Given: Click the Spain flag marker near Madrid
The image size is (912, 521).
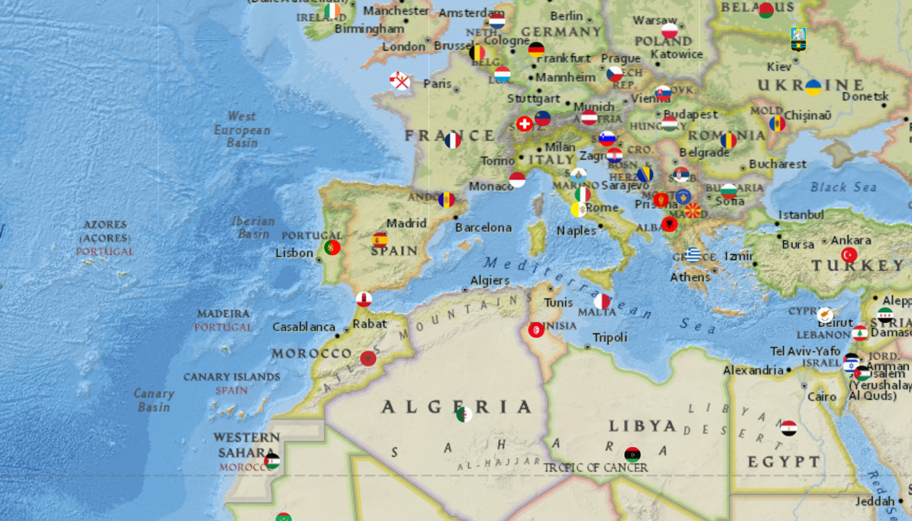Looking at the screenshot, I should point(380,239).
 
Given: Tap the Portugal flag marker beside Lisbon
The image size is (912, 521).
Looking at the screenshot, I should point(332,247).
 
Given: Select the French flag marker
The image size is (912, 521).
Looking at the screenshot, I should point(452,140).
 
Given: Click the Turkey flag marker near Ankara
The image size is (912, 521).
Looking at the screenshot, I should point(849,254).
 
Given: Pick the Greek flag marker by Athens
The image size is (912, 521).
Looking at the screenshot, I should point(693,254).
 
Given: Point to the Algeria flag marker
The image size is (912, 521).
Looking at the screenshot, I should point(464,414).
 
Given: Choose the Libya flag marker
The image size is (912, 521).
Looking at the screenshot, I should point(632,454).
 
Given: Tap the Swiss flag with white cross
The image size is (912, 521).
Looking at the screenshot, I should point(524,124).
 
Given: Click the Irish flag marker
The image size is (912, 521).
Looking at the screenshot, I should point(332,11).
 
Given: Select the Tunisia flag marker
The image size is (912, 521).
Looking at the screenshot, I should point(537,330).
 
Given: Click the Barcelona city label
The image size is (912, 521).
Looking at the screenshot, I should point(484,227).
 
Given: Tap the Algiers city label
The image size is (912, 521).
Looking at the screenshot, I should point(490,281).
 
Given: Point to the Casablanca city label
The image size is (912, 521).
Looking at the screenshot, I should point(304,327).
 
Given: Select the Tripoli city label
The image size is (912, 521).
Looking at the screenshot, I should point(610,337).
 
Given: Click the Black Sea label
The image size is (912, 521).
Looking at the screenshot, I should point(844,187).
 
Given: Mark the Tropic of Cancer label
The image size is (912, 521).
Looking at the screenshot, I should point(596,468).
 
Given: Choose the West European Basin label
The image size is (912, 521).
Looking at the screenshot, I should point(242,130).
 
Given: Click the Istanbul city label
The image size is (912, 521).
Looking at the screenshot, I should point(801,215).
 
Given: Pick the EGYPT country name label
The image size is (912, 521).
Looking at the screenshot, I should point(784,462).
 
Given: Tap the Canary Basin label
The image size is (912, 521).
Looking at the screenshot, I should point(154,400).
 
